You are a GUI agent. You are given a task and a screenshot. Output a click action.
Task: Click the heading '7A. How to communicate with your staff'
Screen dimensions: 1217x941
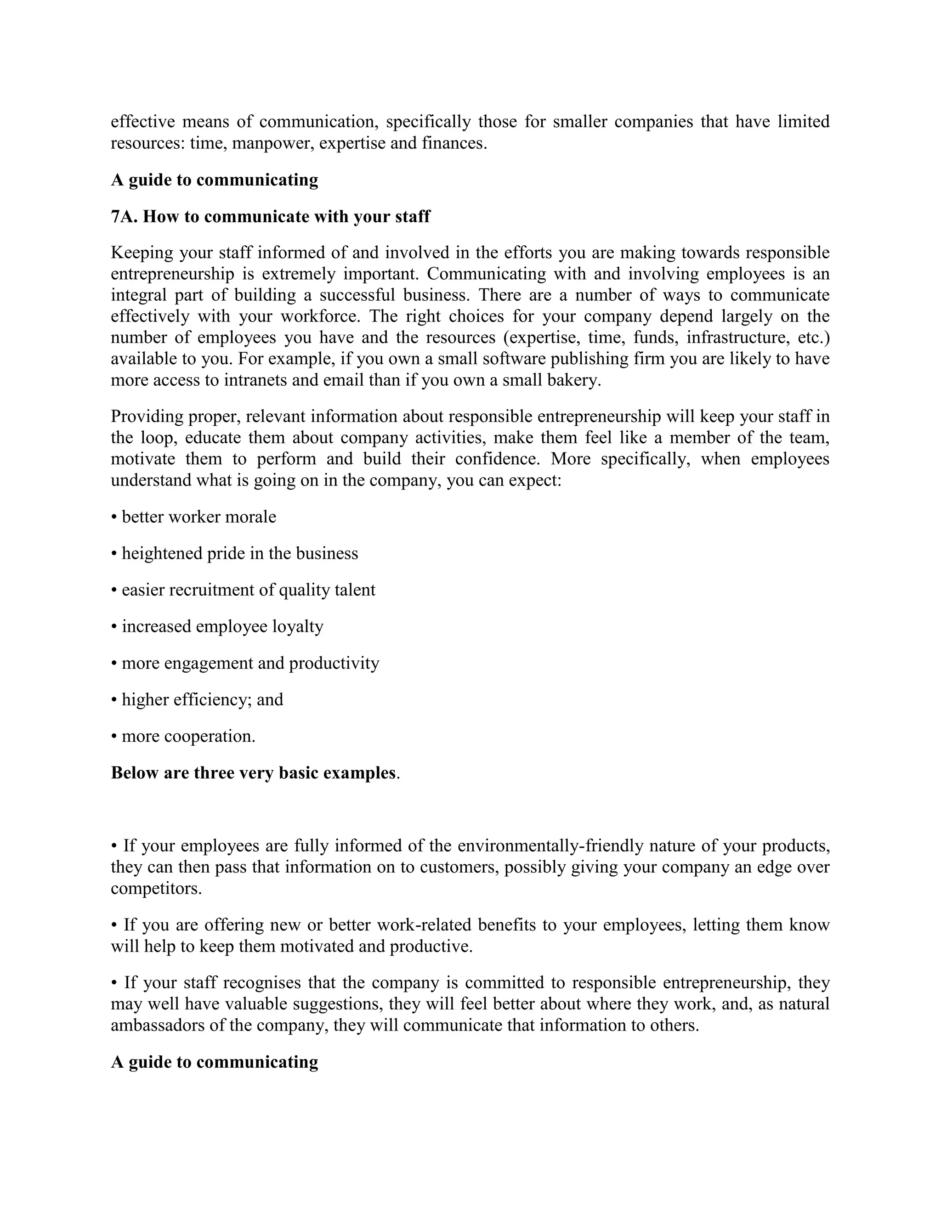click(x=270, y=217)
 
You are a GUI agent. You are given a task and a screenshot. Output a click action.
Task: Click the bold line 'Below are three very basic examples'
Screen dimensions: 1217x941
click(x=254, y=773)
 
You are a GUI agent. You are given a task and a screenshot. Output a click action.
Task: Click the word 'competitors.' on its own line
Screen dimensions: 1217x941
click(x=156, y=889)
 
